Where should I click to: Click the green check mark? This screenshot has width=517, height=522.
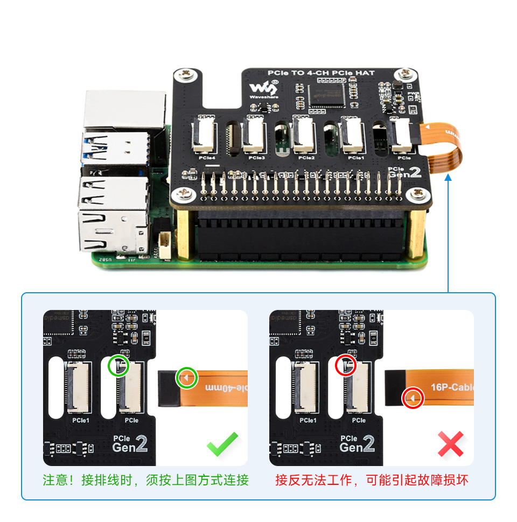point(222,444)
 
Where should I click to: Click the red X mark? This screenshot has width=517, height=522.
point(450,444)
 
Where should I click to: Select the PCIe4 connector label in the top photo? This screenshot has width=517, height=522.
point(206,158)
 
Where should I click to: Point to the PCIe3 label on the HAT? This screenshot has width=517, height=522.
point(256,158)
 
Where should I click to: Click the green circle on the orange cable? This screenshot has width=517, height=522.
point(186,378)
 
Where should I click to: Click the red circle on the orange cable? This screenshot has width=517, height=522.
point(413,398)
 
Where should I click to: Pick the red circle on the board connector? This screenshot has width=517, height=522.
point(346,366)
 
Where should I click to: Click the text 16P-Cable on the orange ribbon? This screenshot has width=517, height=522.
point(452,386)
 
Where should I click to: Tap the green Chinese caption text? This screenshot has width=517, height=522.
point(145,480)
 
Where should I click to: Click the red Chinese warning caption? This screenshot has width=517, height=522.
point(372,480)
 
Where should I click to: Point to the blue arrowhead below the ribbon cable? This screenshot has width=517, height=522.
point(448,178)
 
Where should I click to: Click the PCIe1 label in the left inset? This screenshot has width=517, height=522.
point(80,420)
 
